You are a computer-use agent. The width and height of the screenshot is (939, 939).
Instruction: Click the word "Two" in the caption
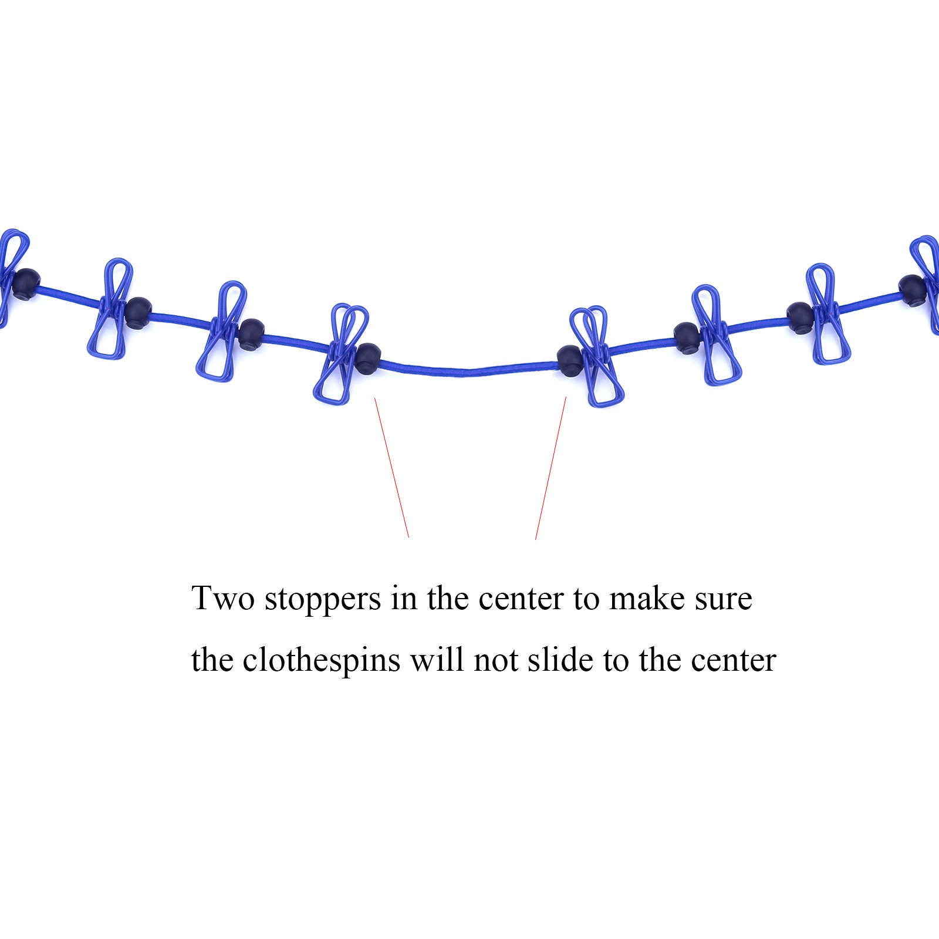click(223, 599)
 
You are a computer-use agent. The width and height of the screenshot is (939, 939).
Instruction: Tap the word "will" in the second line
click(438, 660)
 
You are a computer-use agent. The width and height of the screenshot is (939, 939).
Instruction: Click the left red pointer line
click(391, 467)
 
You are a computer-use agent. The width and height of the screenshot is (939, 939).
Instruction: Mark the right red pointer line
click(551, 468)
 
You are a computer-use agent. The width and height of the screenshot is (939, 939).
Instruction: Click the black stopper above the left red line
click(368, 358)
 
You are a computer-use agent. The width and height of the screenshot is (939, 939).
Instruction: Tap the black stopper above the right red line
click(570, 360)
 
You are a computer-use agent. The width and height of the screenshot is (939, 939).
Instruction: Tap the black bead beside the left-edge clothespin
click(26, 284)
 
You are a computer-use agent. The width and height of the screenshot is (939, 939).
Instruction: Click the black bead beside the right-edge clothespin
click(913, 290)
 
